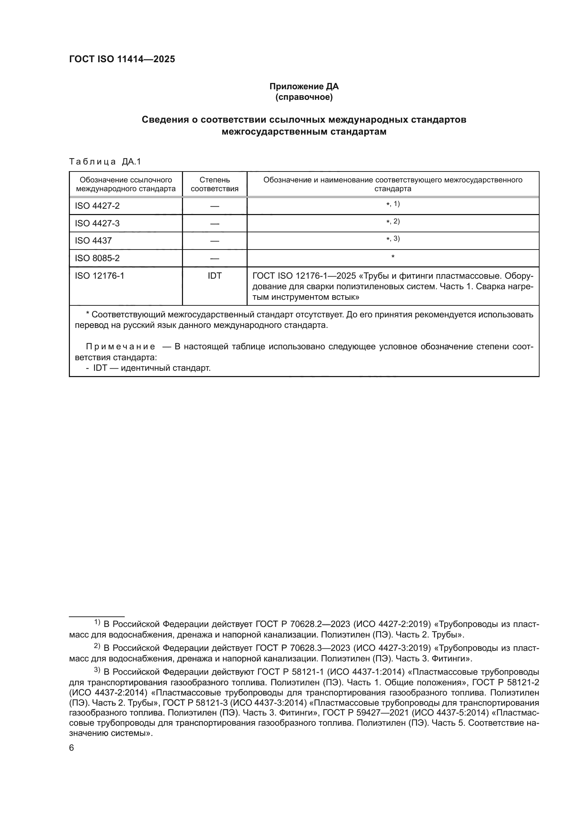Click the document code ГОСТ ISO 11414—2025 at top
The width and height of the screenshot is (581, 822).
coord(122,59)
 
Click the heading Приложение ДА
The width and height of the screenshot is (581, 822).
coord(304,87)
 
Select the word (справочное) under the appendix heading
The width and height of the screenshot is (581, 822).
coord(304,97)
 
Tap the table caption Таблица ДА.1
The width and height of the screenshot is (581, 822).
coord(105,162)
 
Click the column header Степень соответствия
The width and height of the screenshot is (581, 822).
coord(214,185)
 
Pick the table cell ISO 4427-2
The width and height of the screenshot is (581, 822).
coord(97,206)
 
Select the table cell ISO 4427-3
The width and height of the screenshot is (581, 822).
coord(97,224)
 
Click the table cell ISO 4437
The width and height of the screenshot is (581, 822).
coord(93,241)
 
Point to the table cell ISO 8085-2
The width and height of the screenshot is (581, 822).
coord(97,258)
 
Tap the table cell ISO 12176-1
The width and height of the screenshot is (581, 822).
coord(99,276)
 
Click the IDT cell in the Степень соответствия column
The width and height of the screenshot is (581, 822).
coord(214,276)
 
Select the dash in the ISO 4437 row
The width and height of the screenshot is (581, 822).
coord(214,241)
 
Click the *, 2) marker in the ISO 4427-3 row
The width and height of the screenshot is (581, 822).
coord(393,222)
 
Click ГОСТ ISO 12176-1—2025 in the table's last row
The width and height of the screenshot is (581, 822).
coord(304,276)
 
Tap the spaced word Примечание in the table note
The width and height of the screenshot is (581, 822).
coord(120,347)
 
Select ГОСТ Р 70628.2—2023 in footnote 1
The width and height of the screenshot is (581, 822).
coord(303,624)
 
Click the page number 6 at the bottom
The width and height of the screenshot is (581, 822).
coord(72,748)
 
